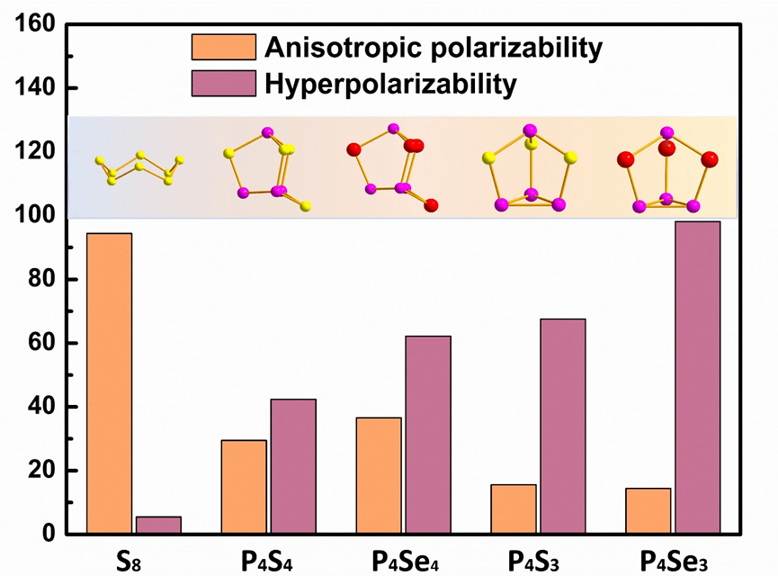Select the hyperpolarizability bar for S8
158,525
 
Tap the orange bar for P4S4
244,487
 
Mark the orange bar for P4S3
514,509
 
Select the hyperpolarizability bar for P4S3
563,427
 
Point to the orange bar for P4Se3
648,511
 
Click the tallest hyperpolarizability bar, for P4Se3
698,378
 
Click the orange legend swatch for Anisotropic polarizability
223,47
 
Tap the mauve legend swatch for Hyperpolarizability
223,85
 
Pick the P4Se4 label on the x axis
403,561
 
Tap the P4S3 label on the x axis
537,561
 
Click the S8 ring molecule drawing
140,168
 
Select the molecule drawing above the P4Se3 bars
666,168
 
